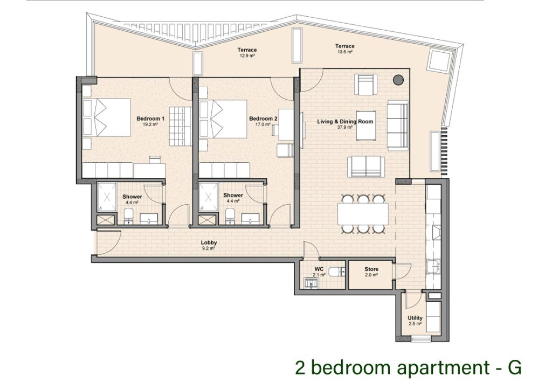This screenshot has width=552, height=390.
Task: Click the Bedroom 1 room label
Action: click(x=150, y=118)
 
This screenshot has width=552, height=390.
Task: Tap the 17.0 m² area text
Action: click(x=263, y=124)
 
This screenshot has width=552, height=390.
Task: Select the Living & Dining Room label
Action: click(x=345, y=122)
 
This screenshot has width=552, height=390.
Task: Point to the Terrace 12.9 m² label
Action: click(x=247, y=50)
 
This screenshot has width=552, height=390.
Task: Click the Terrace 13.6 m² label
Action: click(x=344, y=46)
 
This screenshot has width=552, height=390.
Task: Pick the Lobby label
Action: click(x=209, y=243)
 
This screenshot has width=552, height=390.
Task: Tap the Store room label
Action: click(x=371, y=269)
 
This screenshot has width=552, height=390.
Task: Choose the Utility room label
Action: click(x=415, y=318)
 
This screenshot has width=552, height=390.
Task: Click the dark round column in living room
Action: click(x=398, y=80)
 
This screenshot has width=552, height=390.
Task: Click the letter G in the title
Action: click(x=514, y=368)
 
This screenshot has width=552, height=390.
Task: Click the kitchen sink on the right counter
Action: click(x=433, y=267)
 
